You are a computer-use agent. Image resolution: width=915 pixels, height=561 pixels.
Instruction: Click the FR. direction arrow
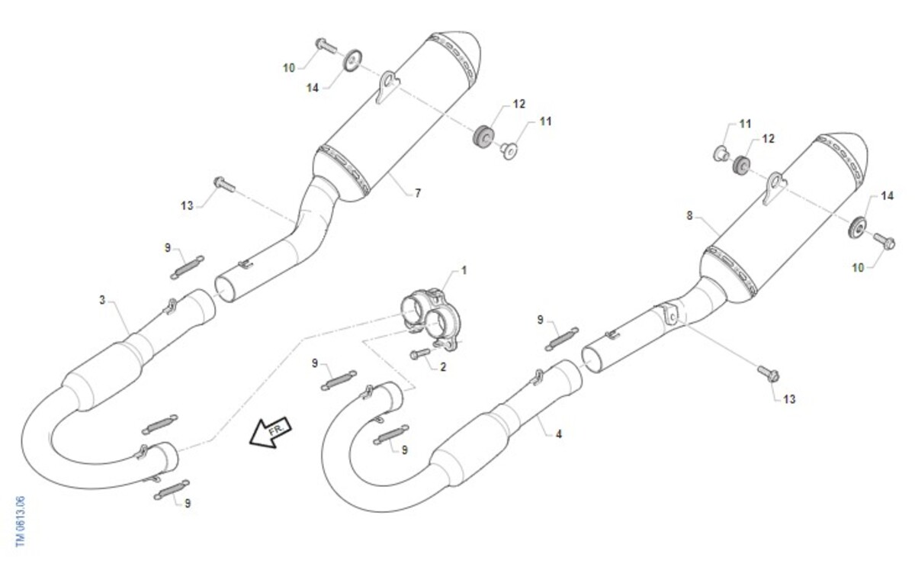point(271,433)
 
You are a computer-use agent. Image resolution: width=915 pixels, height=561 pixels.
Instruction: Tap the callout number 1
point(464,270)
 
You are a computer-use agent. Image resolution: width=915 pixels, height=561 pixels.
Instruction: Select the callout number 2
point(443,367)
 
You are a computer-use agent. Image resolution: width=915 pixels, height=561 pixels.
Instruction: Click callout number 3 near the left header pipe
point(102,300)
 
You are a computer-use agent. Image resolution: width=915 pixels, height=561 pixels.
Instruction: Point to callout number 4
point(559,434)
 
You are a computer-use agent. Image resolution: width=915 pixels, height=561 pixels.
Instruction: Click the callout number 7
point(418,193)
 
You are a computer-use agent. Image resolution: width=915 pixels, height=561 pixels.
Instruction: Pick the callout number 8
point(689,215)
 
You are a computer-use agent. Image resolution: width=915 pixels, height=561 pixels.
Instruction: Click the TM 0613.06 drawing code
point(20,521)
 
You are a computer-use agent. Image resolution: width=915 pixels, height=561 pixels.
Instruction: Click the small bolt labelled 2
point(420,353)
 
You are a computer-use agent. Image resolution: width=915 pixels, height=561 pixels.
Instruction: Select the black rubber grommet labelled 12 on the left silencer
point(483,136)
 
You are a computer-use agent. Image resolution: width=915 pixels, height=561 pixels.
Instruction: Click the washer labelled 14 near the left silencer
point(352,60)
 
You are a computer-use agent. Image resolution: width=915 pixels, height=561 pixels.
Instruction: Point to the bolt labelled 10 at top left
point(326,47)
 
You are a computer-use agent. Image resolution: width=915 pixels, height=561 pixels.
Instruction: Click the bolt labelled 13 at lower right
point(769,374)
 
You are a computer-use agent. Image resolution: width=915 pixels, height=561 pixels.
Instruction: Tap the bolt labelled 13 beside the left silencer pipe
point(225,185)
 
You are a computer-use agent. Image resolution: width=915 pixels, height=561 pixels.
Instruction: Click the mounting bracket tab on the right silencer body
point(775,188)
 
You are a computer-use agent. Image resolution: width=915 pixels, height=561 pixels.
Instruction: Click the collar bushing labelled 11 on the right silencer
point(721,153)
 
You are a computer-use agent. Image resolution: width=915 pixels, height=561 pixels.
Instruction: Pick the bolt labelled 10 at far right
point(884,241)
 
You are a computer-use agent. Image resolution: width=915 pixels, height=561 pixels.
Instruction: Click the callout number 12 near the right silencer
point(768,139)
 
